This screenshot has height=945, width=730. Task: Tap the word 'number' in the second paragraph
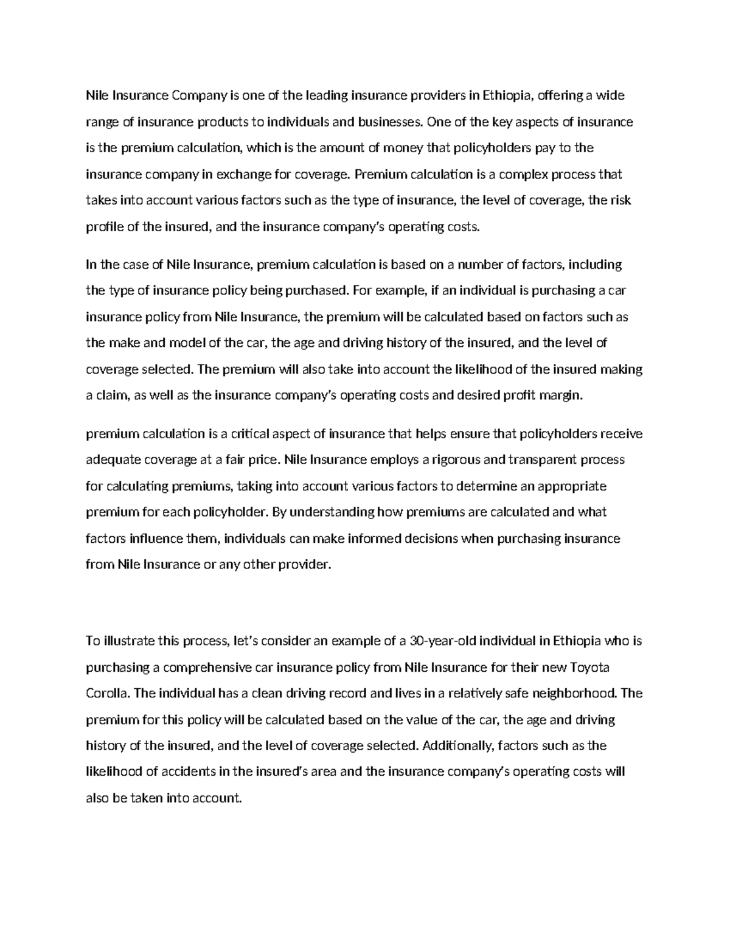[x=479, y=264]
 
